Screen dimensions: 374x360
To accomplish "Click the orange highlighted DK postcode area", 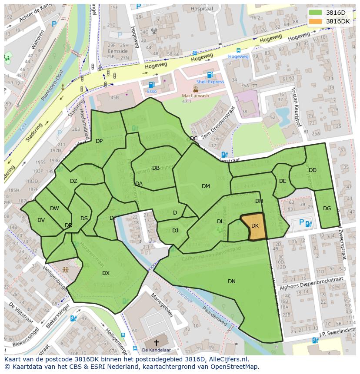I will pos(255,227).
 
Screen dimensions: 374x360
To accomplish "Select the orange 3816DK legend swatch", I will pos(315,21).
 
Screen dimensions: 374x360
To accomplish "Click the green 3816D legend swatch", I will pos(315,13).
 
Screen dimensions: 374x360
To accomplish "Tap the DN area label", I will pos(232,281).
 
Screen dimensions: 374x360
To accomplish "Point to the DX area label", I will pos(106,273).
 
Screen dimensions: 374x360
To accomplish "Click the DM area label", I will pos(206,186).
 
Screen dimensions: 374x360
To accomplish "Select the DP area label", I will pos(99,141).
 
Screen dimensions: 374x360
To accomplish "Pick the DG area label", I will pos(327,209).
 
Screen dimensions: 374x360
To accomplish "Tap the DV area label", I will pos(41,220).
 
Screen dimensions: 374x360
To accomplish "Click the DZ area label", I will pos(73,181).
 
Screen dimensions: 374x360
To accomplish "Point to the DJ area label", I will pos(175,231).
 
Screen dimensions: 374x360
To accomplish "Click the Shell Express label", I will pos(210,82).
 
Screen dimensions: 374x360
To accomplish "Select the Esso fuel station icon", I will pos(151,85).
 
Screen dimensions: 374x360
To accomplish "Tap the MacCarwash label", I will pos(195,96).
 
